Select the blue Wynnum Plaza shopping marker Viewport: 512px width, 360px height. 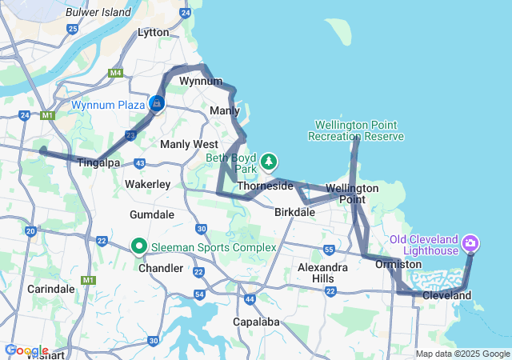click(158, 104)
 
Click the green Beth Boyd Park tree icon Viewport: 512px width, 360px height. click(270, 162)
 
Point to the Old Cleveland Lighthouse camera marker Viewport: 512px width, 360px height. click(470, 242)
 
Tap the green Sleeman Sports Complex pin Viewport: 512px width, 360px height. click(138, 246)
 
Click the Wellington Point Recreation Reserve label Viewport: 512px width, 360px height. click(356, 131)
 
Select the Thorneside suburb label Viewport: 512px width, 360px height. click(265, 185)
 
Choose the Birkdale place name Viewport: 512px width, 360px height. click(294, 213)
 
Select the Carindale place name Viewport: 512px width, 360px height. click(50, 288)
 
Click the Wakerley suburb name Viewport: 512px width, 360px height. click(147, 184)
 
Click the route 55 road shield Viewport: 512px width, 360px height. click(329, 250)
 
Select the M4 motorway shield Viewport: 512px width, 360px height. click(116, 73)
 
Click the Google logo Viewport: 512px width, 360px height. click(26, 350)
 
